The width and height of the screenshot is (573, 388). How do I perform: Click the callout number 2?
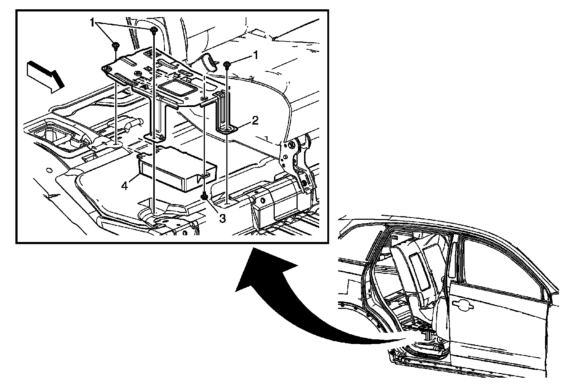(x=254, y=120)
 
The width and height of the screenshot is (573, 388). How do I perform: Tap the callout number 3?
(x=222, y=218)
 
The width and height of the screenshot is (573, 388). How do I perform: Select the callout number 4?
(x=125, y=186)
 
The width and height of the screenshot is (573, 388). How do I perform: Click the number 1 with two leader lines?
(x=92, y=23)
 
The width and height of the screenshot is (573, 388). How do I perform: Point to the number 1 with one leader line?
(x=255, y=55)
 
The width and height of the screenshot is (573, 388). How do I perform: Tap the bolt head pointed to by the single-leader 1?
(x=227, y=64)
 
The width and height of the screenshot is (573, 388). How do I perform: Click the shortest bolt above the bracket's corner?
(x=115, y=45)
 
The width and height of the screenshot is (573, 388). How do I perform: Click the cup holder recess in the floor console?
(x=50, y=138)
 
